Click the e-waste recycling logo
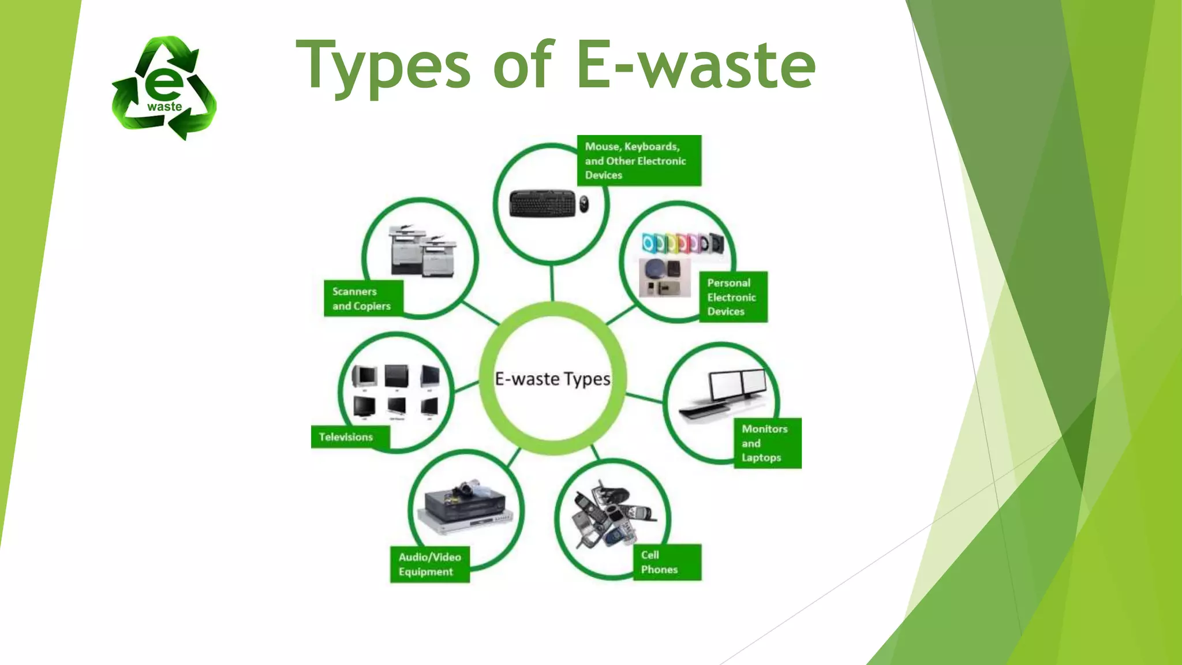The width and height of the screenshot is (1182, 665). click(164, 88)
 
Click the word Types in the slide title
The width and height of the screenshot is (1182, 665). click(384, 66)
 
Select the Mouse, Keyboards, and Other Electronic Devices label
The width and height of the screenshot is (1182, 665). click(639, 160)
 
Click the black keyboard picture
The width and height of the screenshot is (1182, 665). click(543, 204)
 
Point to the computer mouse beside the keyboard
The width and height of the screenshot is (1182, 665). click(584, 204)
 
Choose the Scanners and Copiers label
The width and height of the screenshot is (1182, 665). click(363, 298)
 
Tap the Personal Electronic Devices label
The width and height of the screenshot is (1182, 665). click(732, 297)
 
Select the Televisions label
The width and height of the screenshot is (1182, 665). click(349, 437)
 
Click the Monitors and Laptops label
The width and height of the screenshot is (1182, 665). click(766, 443)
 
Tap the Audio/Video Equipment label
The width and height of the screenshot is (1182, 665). click(429, 564)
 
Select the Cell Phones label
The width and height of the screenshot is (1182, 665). click(667, 562)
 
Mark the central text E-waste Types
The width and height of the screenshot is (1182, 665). click(552, 379)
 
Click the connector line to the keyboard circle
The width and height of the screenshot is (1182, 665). click(552, 283)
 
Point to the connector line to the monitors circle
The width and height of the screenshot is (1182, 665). click(644, 398)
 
